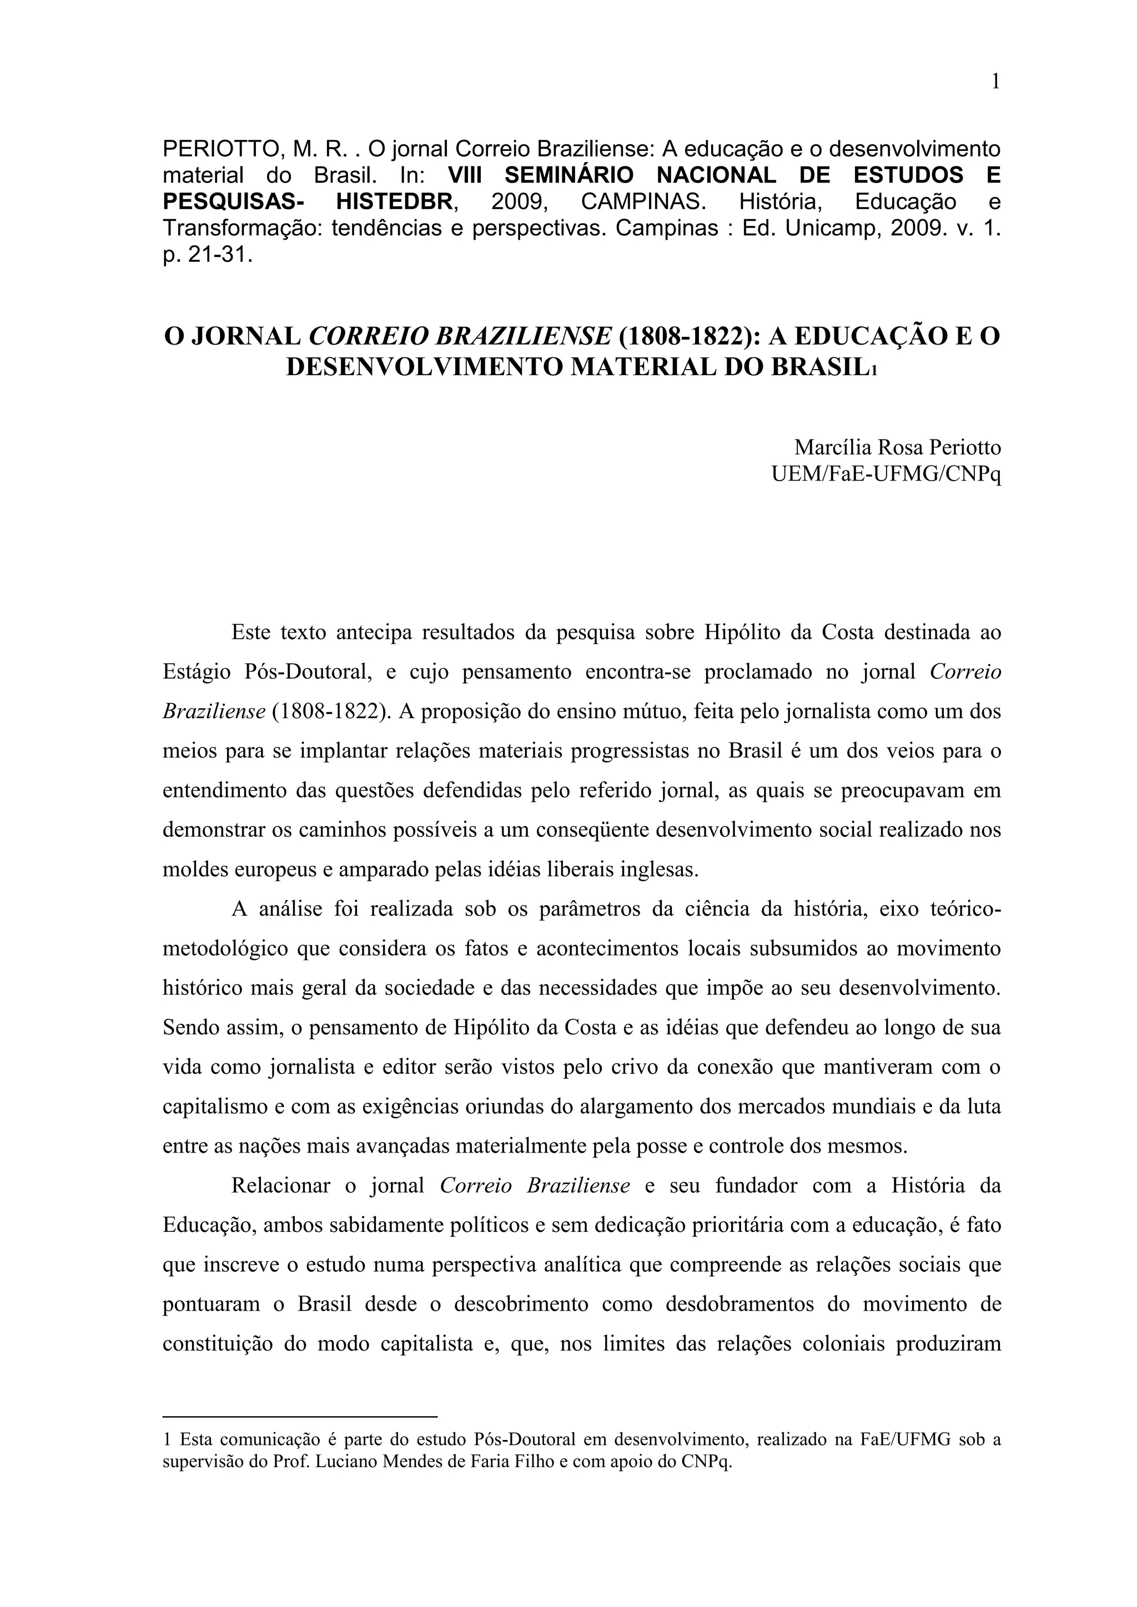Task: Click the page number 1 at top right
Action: (x=995, y=83)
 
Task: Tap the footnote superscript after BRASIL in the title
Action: (x=873, y=371)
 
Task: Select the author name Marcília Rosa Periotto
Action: (x=897, y=447)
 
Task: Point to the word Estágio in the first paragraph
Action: (x=197, y=673)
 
